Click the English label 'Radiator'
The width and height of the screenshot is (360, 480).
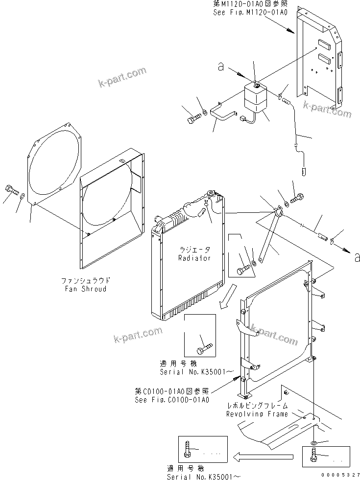tap(194, 258)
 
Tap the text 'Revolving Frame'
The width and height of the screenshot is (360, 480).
tap(257, 414)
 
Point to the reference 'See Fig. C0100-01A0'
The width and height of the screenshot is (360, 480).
tap(172, 400)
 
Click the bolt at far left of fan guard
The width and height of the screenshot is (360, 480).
tap(12, 190)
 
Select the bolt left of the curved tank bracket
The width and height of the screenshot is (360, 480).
tap(192, 118)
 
